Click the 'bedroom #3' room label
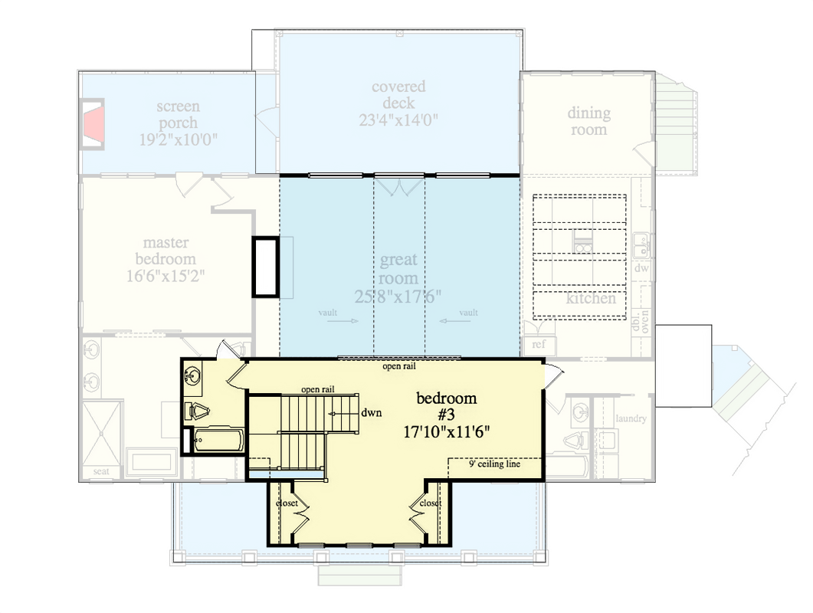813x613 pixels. click(447, 406)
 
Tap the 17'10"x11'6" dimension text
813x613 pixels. click(447, 431)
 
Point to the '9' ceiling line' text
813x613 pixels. click(494, 464)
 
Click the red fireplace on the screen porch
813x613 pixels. click(93, 123)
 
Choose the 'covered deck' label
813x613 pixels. click(398, 95)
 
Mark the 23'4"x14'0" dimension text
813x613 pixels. click(398, 120)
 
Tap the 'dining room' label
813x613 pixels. click(588, 121)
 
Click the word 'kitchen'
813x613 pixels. click(591, 298)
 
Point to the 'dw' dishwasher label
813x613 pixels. click(641, 270)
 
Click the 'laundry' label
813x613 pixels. click(631, 418)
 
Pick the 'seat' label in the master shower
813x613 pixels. click(101, 470)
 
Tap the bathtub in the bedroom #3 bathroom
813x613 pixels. click(218, 442)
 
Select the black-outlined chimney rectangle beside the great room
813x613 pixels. click(266, 267)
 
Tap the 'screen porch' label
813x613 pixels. click(178, 114)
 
